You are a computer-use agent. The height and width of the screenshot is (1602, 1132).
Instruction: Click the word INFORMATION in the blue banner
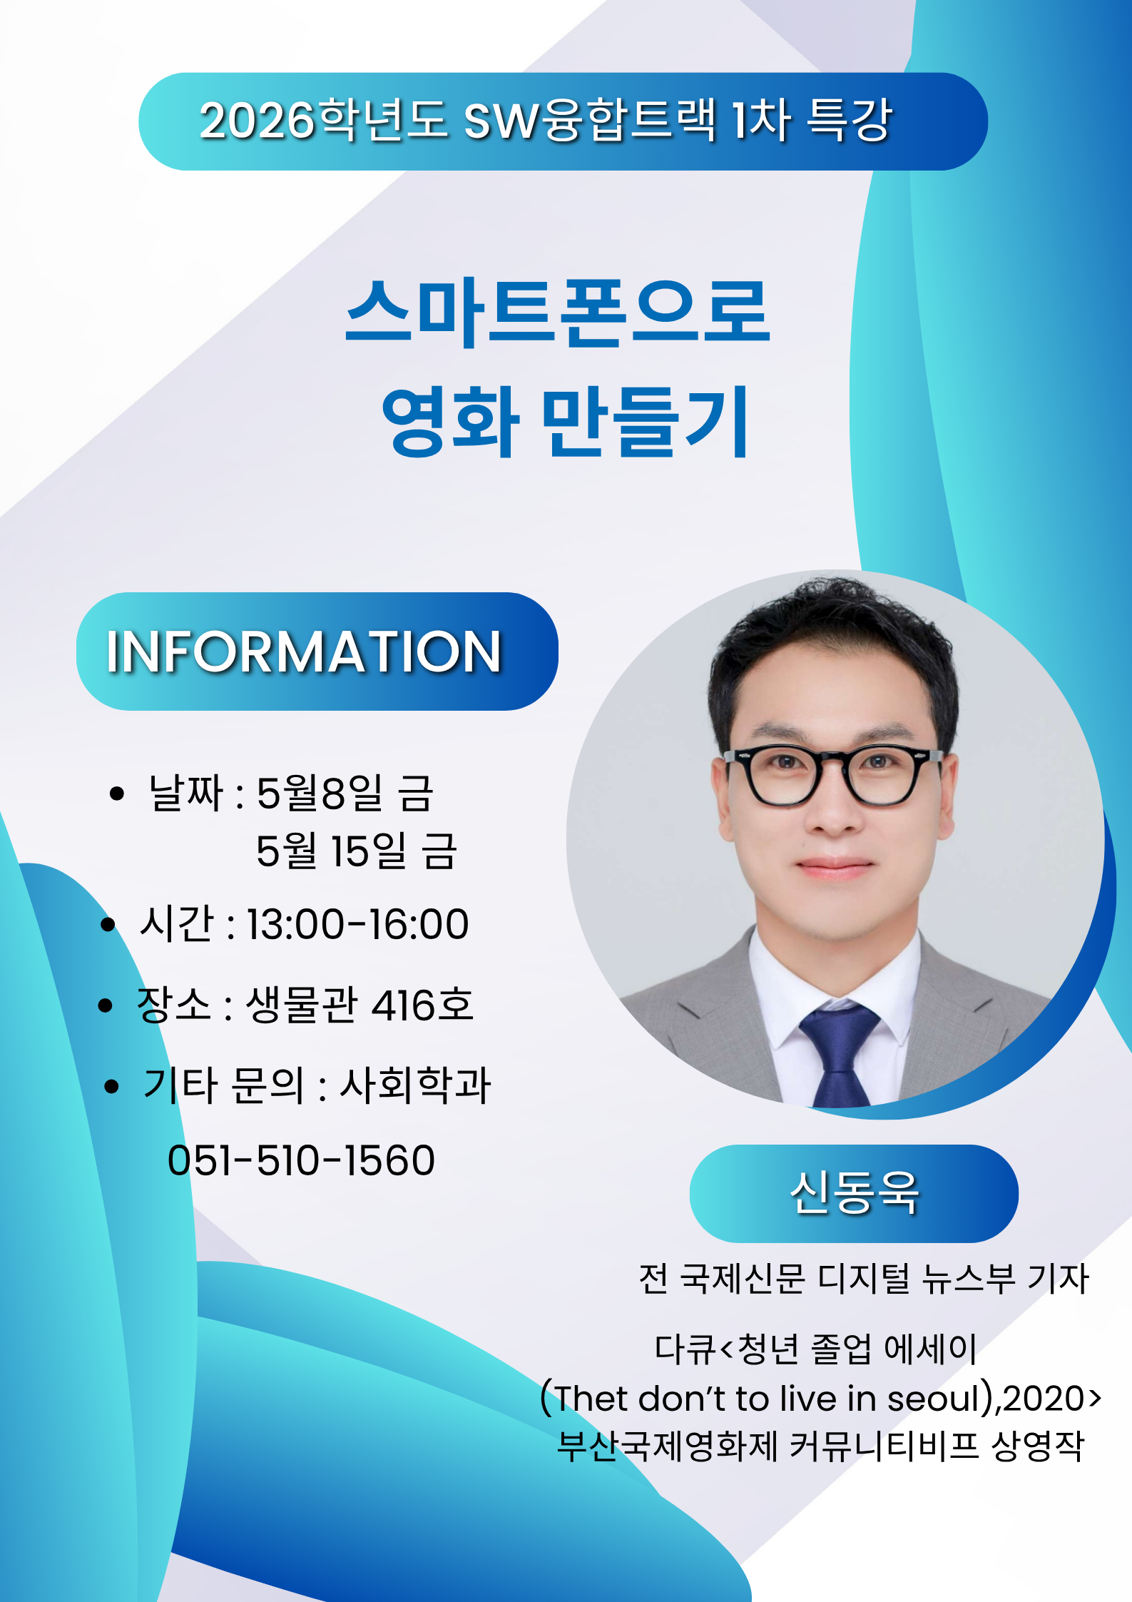pyautogui.click(x=305, y=652)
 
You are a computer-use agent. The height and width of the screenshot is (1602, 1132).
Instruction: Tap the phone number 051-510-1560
pyautogui.click(x=301, y=1160)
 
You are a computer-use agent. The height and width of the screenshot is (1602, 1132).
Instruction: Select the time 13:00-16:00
pyautogui.click(x=357, y=924)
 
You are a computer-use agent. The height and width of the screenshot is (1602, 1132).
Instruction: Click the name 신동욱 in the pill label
pyautogui.click(x=854, y=1193)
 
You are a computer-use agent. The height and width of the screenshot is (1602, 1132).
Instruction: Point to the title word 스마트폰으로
pyautogui.click(x=558, y=313)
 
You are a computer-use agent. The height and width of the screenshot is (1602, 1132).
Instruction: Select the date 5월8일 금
pyautogui.click(x=345, y=793)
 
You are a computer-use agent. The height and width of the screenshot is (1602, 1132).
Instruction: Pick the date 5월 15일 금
pyautogui.click(x=356, y=851)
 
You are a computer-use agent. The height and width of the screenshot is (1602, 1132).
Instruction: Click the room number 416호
pyautogui.click(x=422, y=1005)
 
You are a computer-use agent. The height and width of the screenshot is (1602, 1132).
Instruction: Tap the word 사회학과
pyautogui.click(x=415, y=1085)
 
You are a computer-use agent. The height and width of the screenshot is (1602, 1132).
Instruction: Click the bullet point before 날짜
pyautogui.click(x=117, y=794)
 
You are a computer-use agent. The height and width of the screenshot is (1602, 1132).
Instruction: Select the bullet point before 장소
pyautogui.click(x=106, y=1005)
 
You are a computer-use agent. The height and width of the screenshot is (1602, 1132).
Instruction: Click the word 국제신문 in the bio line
pyautogui.click(x=742, y=1279)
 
